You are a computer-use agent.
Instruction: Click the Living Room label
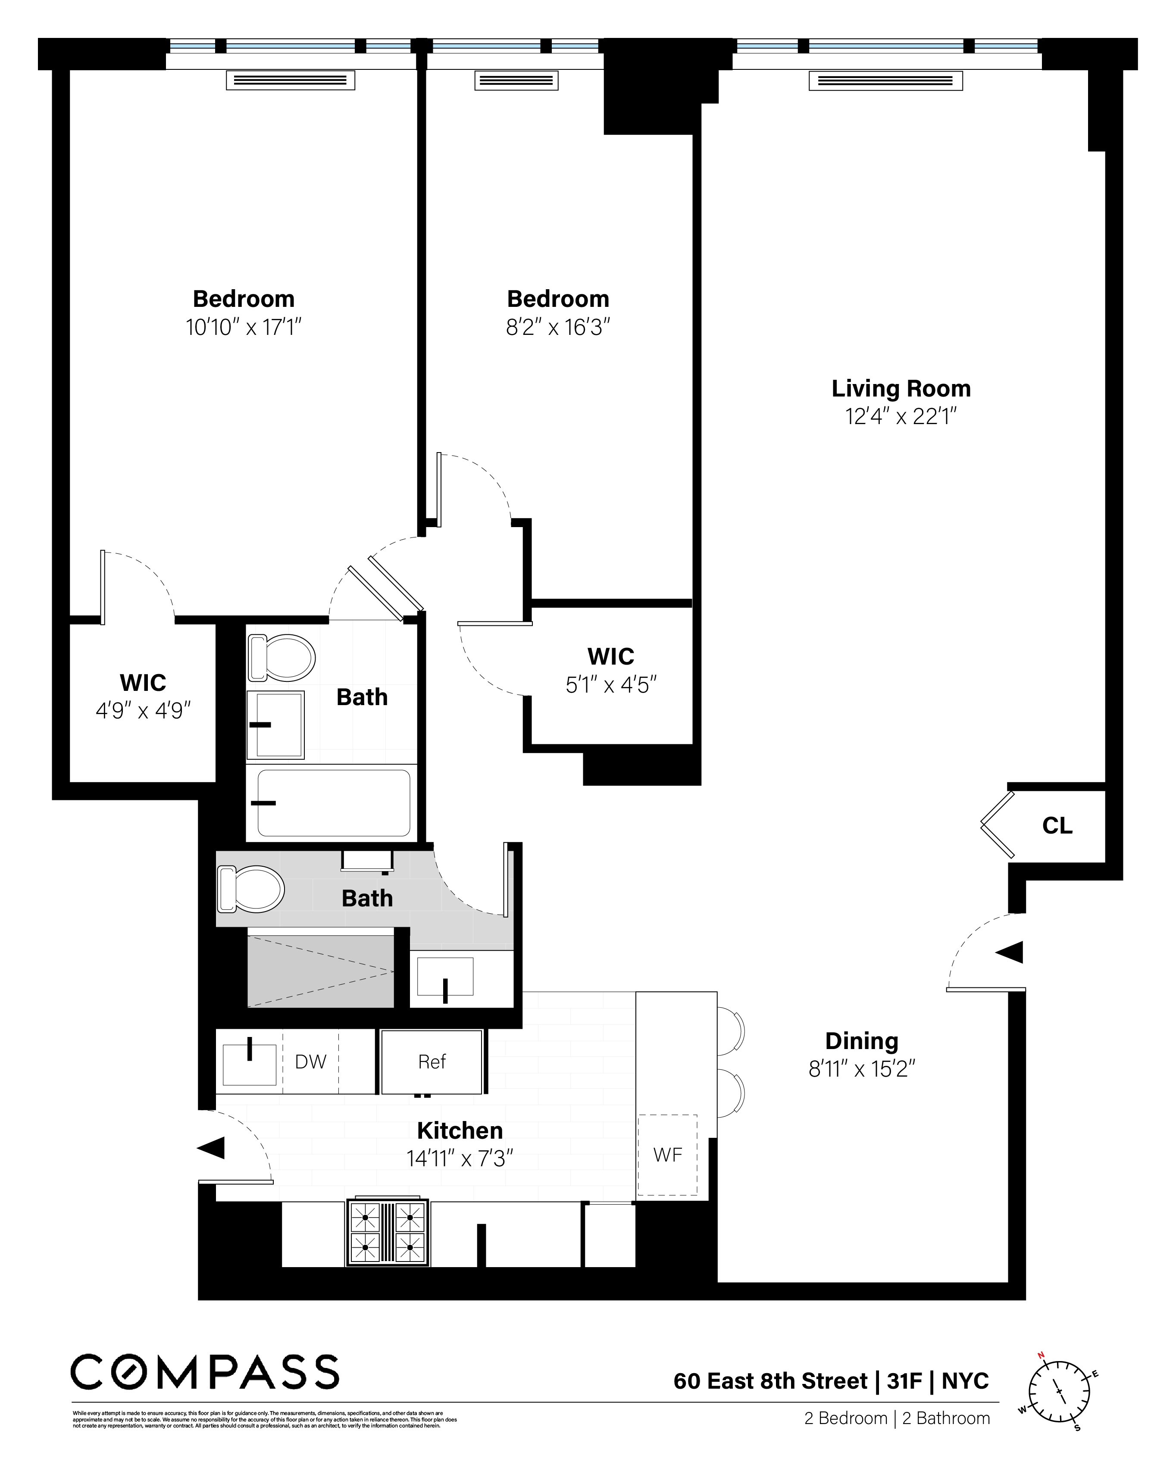click(x=901, y=388)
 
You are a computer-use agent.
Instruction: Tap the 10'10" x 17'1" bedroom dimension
click(x=244, y=328)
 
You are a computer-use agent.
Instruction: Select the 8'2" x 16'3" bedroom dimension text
click(x=558, y=328)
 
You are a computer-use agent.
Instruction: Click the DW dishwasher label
click(x=310, y=1061)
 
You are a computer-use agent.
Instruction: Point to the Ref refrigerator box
click(x=432, y=1061)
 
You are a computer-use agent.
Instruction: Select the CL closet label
click(x=1057, y=826)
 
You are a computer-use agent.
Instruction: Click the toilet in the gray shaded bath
click(x=250, y=889)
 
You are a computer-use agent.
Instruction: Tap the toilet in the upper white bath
click(x=281, y=658)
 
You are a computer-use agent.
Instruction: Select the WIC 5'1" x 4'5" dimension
click(x=610, y=684)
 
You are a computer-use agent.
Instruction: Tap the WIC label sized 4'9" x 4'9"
click(x=142, y=682)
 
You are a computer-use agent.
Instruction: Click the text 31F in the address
click(x=904, y=1381)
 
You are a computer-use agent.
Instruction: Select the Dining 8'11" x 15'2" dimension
click(x=861, y=1068)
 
